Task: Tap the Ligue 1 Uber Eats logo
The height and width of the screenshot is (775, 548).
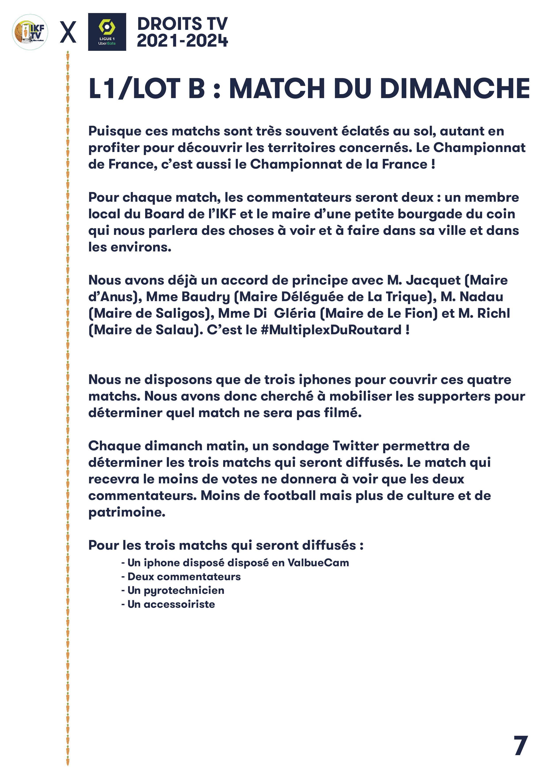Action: pos(107,32)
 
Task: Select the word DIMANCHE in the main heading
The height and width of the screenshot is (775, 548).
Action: pos(455,89)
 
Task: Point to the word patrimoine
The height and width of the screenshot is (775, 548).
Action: pos(127,512)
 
